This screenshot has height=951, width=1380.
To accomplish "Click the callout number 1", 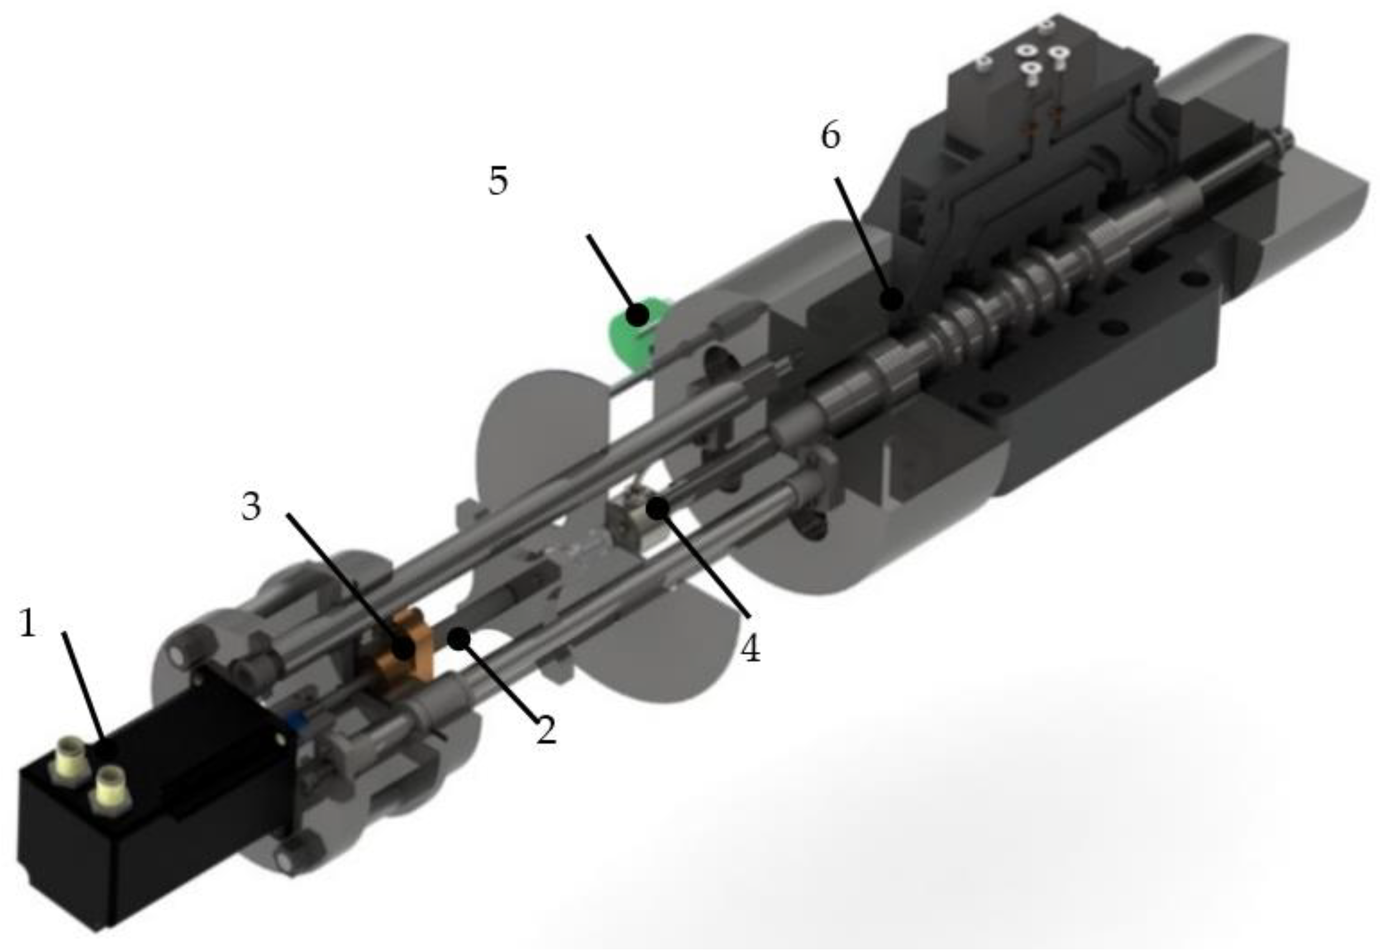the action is click(28, 623).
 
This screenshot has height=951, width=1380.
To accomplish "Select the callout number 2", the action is click(546, 729).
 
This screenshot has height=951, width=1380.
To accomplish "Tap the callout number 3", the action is click(251, 507).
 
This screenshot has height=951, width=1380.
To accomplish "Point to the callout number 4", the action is click(751, 649).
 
